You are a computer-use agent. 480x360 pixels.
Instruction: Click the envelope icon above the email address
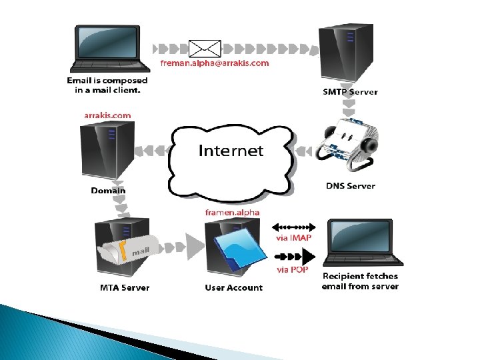205,48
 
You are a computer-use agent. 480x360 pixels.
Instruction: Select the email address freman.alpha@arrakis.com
215,63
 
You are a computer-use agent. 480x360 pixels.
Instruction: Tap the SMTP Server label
351,92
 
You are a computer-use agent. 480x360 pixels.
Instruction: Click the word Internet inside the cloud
231,150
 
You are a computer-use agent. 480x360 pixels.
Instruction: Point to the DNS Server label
350,186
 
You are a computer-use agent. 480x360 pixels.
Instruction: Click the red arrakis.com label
107,115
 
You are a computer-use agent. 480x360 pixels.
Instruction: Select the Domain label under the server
108,191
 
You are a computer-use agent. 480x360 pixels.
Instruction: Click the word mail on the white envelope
139,251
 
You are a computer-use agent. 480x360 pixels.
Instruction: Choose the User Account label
233,288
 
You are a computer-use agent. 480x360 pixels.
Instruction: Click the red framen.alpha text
233,212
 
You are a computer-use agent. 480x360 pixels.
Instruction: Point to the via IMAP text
293,238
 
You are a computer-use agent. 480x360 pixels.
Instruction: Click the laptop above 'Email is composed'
107,49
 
